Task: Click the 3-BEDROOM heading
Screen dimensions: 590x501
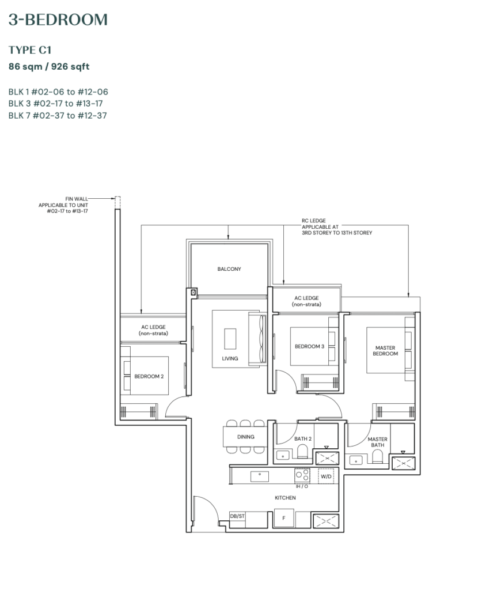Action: point(58,20)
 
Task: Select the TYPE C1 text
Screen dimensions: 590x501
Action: point(30,50)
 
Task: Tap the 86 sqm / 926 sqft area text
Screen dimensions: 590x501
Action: point(49,66)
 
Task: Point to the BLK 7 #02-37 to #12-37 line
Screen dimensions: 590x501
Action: point(58,115)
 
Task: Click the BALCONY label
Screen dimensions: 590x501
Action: point(229,269)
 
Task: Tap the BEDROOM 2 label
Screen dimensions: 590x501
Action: point(149,376)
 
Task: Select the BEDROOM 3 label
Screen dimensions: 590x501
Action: point(309,346)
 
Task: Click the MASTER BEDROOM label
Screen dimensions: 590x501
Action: point(385,350)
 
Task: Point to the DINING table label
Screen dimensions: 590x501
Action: point(246,437)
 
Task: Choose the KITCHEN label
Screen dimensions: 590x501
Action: point(285,497)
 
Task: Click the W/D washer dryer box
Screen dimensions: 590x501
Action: point(326,476)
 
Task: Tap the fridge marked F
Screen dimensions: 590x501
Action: point(283,519)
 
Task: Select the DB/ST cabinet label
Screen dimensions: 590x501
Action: point(237,516)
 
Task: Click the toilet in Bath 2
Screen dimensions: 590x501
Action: point(302,453)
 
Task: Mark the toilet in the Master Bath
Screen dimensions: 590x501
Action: point(378,456)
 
